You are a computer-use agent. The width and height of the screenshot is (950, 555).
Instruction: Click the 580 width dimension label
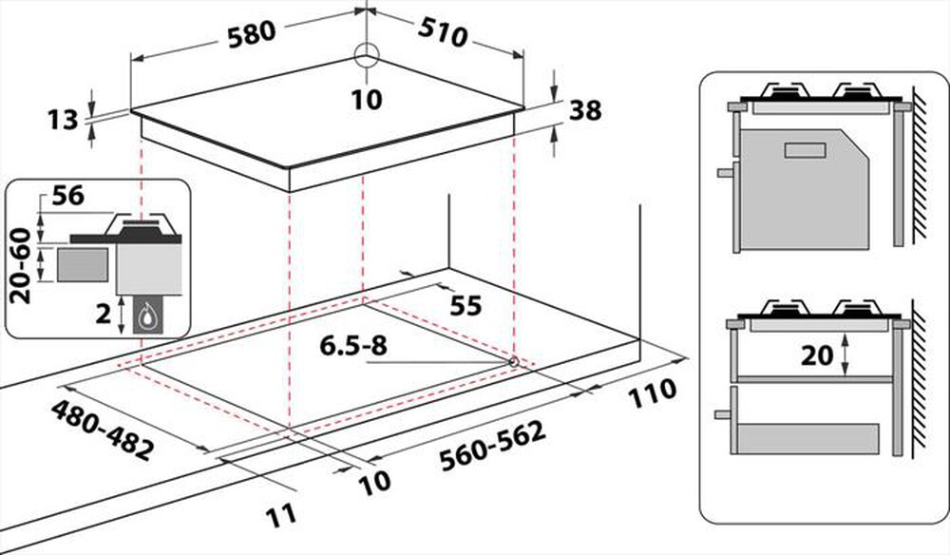pos(252,34)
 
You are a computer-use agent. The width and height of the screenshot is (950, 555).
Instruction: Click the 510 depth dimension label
pos(443,35)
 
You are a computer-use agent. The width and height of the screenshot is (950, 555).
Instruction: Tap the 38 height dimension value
pos(585,110)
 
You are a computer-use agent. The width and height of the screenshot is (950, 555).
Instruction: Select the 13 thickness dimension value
pos(63,120)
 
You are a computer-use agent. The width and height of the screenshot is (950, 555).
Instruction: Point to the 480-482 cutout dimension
pos(102,431)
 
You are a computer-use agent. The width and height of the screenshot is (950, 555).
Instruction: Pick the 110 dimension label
pos(652,393)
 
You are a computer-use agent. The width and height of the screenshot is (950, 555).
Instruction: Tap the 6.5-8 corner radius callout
pos(353,346)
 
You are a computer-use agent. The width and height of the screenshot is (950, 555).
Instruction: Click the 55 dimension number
pos(465,307)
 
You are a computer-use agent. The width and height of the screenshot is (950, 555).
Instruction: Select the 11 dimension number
pos(282,514)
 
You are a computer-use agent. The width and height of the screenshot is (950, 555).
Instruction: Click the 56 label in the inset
pos(68,197)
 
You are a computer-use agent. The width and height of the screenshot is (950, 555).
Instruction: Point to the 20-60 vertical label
pos(21,266)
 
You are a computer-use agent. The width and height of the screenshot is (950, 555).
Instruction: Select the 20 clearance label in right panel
pos(817,355)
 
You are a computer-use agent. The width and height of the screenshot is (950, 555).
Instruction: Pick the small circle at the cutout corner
pos(513,362)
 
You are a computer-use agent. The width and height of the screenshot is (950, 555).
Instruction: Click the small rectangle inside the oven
pos(805,150)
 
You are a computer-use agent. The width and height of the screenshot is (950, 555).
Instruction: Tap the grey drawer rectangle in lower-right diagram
pos(808,439)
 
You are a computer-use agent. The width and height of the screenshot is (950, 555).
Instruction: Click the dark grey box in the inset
pos(83,264)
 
